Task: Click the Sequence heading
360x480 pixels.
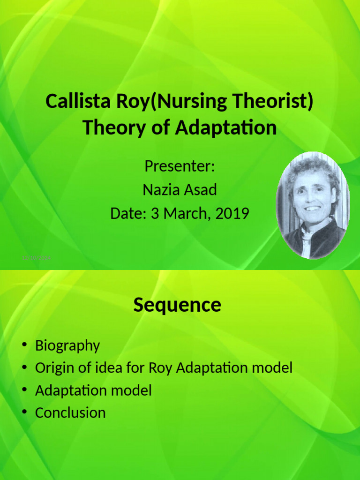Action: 177,305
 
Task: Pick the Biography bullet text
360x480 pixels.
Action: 67,346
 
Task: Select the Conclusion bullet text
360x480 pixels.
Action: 70,413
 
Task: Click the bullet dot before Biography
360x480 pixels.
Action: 24,346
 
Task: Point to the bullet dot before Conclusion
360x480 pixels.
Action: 24,413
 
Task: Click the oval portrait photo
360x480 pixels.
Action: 312,205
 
